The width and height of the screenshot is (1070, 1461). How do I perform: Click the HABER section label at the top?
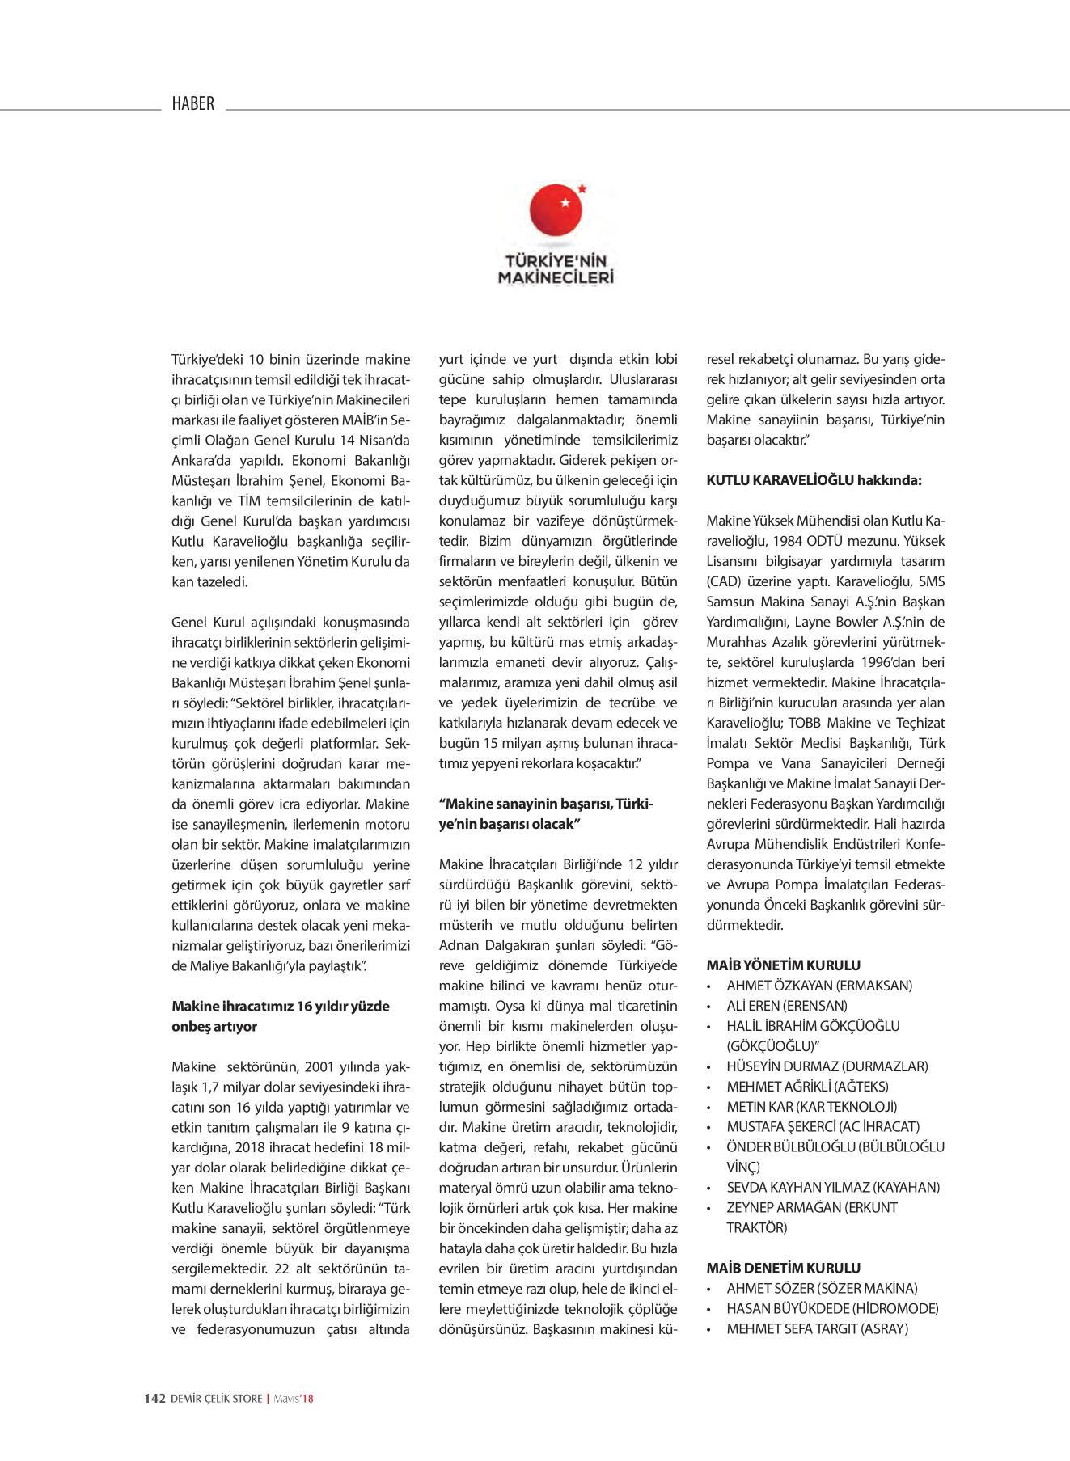coord(193,103)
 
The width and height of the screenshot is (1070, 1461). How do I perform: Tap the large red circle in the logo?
coord(556,212)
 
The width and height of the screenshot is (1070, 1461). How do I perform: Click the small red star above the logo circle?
coord(582,188)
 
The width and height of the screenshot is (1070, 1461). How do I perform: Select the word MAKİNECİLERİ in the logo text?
coord(555,277)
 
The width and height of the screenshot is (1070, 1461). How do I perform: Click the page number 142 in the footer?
coord(154,1398)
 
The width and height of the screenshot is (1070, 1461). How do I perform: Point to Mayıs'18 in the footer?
coord(295,1398)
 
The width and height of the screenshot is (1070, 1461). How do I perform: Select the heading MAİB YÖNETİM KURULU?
coord(784,965)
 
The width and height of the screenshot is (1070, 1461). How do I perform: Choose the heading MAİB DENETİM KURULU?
coord(784,1269)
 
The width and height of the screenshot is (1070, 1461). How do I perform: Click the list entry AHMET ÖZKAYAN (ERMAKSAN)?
coord(819,986)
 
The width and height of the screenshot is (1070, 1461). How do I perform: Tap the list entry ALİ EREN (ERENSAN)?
coord(787,1006)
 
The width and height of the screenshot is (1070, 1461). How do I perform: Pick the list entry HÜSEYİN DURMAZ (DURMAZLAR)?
coord(827,1066)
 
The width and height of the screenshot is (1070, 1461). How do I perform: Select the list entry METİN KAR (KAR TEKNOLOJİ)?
coord(811,1107)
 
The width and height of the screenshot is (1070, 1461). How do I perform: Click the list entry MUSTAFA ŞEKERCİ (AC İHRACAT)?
coord(823,1127)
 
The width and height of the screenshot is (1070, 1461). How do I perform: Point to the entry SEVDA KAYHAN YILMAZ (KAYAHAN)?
coord(833,1188)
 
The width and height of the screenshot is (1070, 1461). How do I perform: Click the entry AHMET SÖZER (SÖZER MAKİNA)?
coord(822,1289)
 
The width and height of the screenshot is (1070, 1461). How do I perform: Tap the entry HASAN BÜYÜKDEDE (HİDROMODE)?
coord(832,1309)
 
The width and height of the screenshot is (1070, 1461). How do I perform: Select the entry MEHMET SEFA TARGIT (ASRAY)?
coord(817,1329)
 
